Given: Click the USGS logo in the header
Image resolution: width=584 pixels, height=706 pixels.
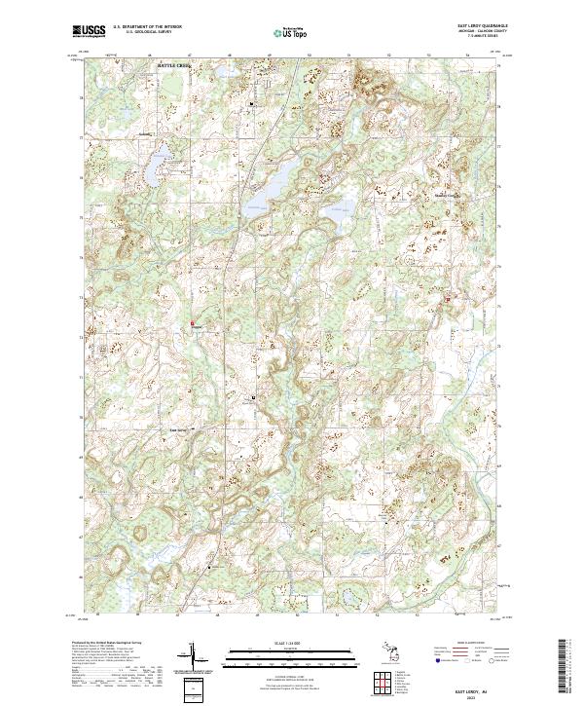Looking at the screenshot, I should click(x=89, y=32).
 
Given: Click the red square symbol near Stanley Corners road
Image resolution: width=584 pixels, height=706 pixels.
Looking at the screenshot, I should click(x=448, y=299).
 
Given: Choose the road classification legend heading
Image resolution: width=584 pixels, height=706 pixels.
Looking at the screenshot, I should click(x=470, y=644).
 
